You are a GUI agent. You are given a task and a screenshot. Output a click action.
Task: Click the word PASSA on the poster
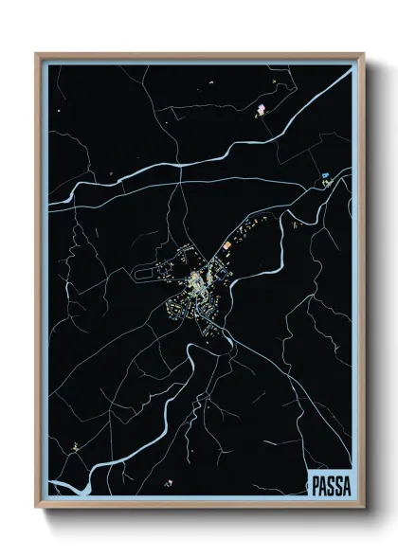click(330, 486)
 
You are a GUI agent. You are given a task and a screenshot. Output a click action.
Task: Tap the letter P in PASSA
click(316, 486)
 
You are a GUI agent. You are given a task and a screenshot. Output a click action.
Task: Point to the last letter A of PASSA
click(345, 486)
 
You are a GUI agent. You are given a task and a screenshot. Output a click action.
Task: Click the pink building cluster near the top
click(261, 110)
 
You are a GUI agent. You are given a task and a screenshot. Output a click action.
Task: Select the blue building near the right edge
click(325, 175)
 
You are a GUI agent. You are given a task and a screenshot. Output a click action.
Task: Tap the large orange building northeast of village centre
click(226, 246)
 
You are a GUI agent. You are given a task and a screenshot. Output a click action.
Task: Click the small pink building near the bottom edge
click(169, 483)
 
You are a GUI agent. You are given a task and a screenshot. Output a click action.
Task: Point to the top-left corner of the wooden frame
click(37, 54)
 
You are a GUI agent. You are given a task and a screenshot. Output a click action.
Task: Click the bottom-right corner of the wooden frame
click(363, 508)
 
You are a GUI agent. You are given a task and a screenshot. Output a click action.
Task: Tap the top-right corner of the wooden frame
click(363, 54)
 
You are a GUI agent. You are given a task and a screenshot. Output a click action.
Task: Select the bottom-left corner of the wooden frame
click(37, 508)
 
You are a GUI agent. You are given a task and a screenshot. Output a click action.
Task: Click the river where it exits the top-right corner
click(349, 73)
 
